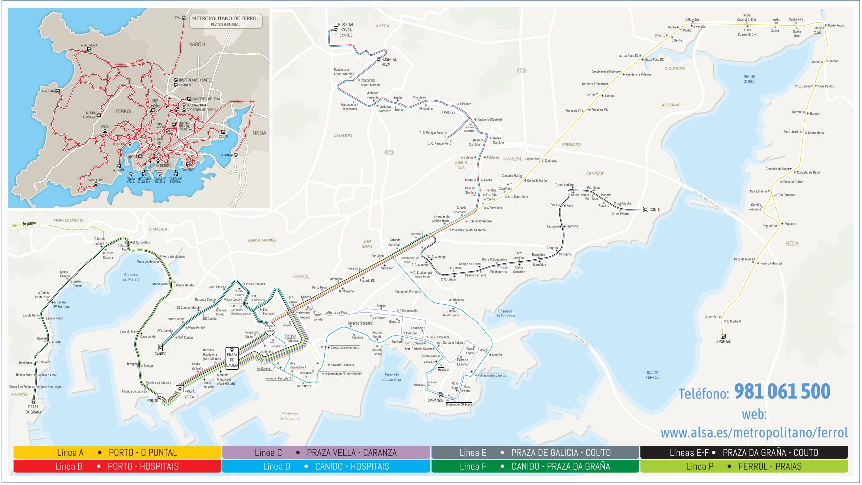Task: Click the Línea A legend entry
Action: coord(117,452)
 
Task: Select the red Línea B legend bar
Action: coord(117,466)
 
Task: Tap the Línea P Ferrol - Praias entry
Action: coord(743,466)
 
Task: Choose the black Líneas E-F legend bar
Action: coord(743,452)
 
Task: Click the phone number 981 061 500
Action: coord(782,392)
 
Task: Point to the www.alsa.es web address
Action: coord(754,433)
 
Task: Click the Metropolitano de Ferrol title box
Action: coord(225,21)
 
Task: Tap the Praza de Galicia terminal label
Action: coord(232,360)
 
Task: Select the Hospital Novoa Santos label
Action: coord(346,30)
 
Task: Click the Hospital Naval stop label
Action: coord(388,62)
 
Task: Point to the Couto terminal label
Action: coord(655,210)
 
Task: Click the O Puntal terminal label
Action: coord(723,342)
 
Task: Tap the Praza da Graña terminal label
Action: coord(33,409)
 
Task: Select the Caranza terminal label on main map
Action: coord(435,400)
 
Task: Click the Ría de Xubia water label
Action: coord(749,79)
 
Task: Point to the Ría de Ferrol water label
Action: coord(652,375)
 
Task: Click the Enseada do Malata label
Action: coord(131,277)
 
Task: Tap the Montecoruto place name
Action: coord(68,220)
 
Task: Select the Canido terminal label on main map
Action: coord(160,354)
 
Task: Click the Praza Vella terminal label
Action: coord(189,394)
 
